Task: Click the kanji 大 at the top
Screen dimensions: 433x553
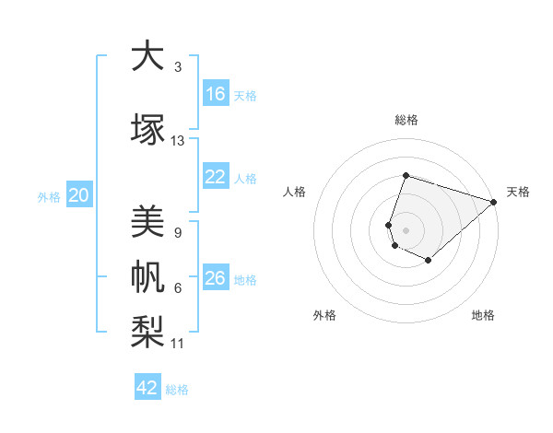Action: coord(146,57)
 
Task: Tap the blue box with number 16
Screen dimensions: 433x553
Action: coord(216,94)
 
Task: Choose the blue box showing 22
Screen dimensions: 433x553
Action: coord(216,177)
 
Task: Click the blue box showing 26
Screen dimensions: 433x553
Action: coord(216,278)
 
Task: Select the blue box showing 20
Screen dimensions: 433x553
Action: coord(79,195)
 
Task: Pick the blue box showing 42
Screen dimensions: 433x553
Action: coord(147,388)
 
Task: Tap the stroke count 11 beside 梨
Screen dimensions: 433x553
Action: coord(178,344)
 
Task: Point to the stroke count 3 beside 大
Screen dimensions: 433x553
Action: coord(178,67)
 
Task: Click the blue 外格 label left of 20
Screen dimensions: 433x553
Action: coord(49,196)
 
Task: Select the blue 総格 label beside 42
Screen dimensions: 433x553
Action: coord(177,390)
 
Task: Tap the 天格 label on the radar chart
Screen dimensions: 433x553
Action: coord(518,192)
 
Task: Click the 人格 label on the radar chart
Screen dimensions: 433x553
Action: coord(294,192)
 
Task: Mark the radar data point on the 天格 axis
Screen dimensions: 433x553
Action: coord(493,202)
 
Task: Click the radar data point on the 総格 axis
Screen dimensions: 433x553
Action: coord(406,176)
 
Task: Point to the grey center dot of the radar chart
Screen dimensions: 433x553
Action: coord(406,229)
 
